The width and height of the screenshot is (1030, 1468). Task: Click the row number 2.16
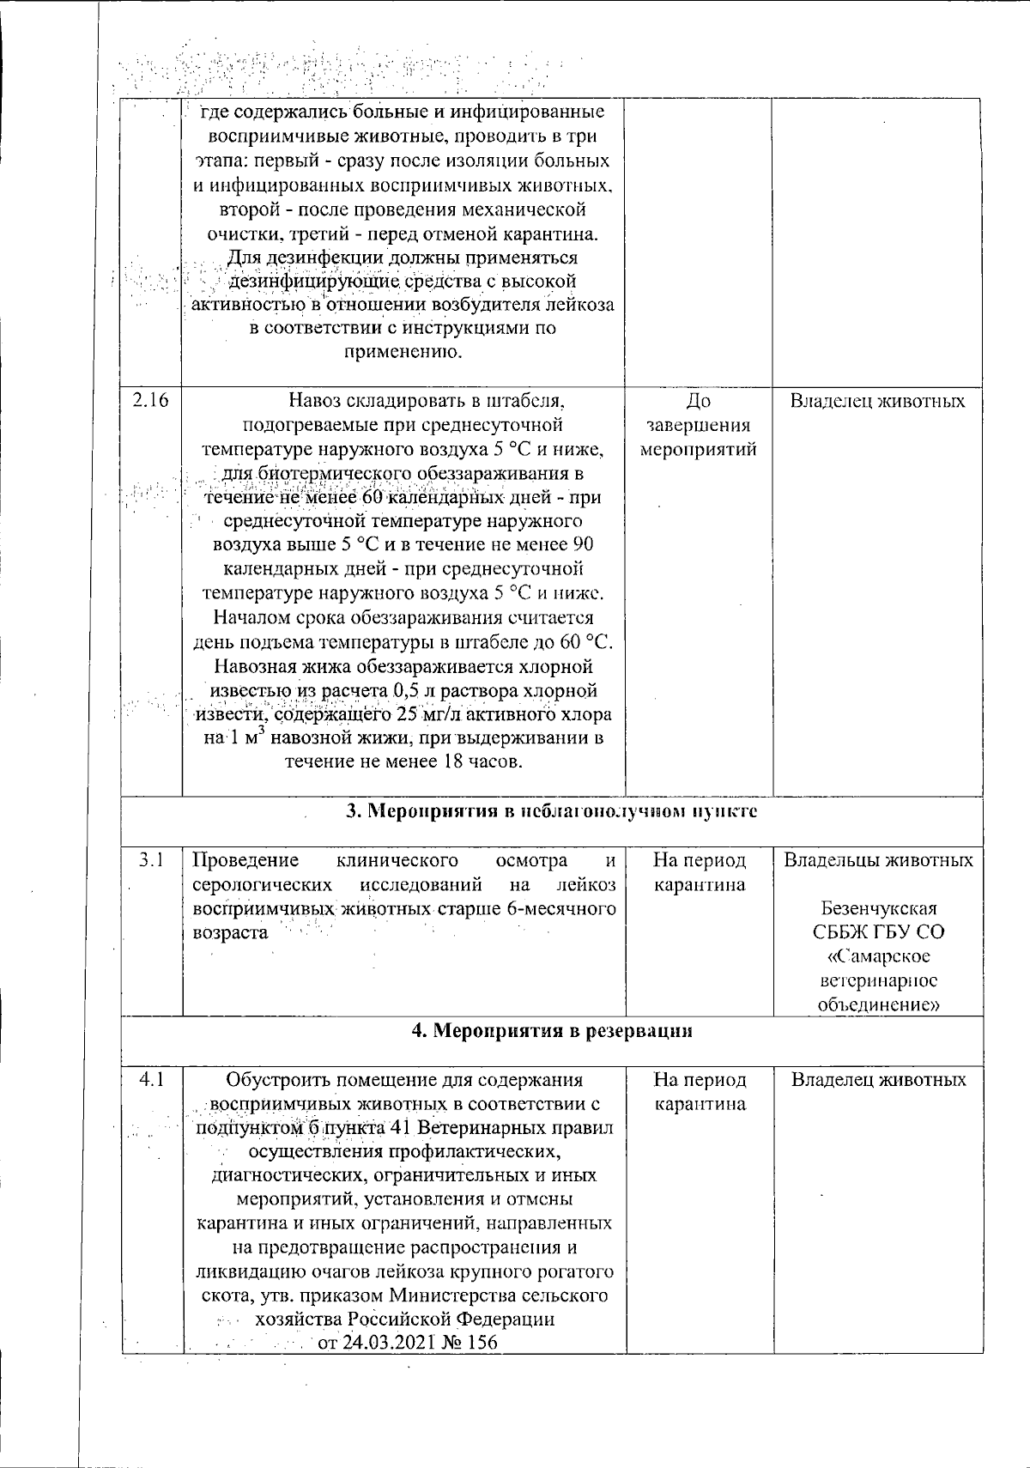[x=150, y=401]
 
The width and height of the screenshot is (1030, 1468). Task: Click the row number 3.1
[x=153, y=859]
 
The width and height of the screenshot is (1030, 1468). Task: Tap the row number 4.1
[x=152, y=1080]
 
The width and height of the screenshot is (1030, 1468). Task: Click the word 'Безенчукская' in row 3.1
[x=878, y=908]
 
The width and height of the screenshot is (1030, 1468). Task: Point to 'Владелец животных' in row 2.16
[x=877, y=401]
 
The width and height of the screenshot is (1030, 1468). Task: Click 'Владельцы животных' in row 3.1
[x=878, y=859]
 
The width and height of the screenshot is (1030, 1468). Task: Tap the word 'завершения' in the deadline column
[x=699, y=425]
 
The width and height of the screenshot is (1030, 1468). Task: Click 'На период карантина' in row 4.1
[x=700, y=1092]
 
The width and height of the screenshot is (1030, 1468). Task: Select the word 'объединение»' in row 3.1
[x=878, y=1004]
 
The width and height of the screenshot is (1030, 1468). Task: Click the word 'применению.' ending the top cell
[x=403, y=352]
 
